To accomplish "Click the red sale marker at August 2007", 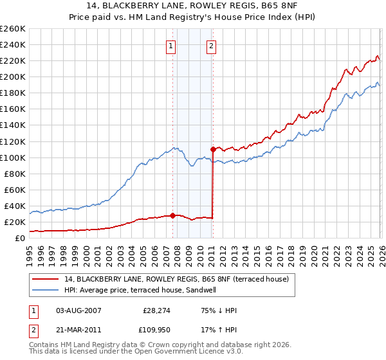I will coord(172,215).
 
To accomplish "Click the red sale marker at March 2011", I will coord(213,149).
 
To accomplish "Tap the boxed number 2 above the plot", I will coord(212,46).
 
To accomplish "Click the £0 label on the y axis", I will coord(20,238).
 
